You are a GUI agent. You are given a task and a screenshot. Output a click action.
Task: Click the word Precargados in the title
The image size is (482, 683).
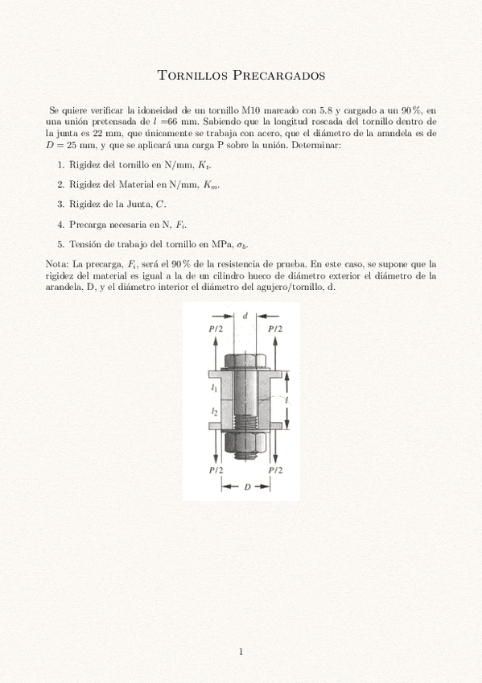coord(278,77)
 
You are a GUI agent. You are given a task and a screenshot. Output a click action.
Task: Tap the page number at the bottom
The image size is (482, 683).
coord(241,652)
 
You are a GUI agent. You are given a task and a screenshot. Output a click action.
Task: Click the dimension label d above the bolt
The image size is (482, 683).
coord(245,316)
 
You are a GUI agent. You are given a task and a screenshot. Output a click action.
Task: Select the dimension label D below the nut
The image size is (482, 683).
coord(248,486)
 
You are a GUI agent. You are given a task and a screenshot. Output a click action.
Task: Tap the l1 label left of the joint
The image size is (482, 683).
coord(214,387)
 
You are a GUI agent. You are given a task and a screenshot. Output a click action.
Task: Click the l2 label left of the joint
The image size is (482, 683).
coord(214,412)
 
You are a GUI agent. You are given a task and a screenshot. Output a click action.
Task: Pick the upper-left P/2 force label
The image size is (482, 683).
coord(215,329)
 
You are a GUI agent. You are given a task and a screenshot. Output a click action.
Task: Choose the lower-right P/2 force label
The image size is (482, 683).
coord(275,469)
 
